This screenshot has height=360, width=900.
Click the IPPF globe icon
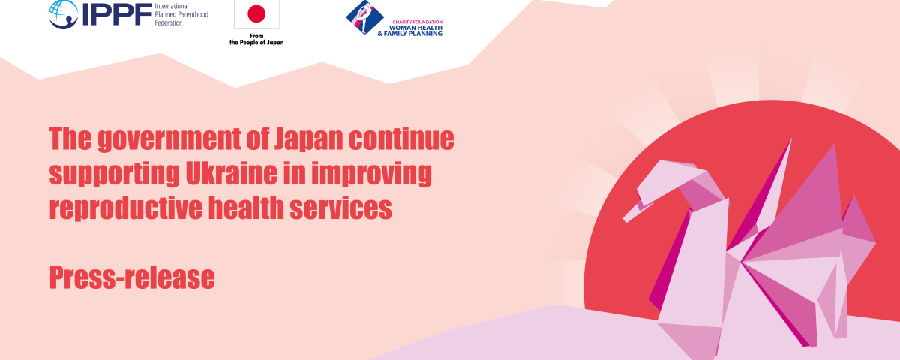tap(64, 13)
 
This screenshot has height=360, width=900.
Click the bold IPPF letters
tap(116, 14)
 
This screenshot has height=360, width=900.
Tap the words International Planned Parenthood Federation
tap(181, 14)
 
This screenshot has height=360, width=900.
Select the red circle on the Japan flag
tap(256, 13)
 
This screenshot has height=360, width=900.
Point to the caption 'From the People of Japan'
tap(256, 39)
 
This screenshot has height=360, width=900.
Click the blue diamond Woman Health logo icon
tap(364, 18)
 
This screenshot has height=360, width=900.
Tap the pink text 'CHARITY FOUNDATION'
tap(418, 22)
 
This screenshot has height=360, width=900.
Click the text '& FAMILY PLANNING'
tap(409, 34)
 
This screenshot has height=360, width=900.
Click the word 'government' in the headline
tap(169, 139)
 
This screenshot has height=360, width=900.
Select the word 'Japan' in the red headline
tap(308, 139)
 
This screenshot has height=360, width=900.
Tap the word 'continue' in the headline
tap(401, 139)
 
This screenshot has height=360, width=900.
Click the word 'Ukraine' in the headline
tap(232, 173)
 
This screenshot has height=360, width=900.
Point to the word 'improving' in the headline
tap(372, 174)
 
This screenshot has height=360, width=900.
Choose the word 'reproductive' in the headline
tap(126, 209)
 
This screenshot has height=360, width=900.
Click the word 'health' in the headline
tap(246, 208)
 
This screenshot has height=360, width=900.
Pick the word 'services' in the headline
tap(340, 208)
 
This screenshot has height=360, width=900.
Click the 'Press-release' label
tap(132, 277)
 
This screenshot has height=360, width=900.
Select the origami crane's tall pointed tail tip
tap(791, 139)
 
